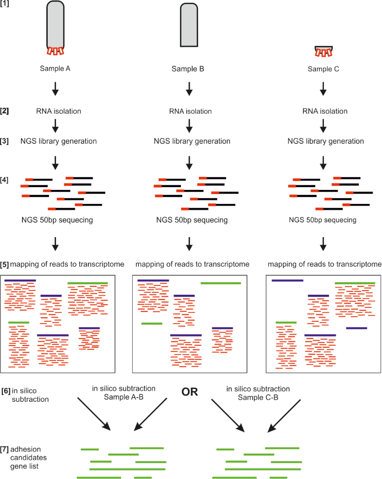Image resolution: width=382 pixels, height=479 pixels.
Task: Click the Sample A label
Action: (x=55, y=69)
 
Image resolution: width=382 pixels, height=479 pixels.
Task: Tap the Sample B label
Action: (x=188, y=69)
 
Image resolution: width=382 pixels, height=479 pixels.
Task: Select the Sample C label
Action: (x=323, y=69)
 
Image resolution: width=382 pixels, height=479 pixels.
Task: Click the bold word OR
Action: (x=189, y=392)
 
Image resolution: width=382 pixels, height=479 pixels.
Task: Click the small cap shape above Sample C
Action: (x=324, y=51)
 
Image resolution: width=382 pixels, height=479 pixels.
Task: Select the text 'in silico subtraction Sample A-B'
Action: (x=123, y=392)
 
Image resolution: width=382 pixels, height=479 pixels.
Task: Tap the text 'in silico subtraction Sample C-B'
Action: (x=258, y=392)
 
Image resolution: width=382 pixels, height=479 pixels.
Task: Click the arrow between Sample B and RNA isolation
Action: (x=188, y=89)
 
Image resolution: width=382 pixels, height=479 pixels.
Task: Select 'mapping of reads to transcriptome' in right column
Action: (x=325, y=265)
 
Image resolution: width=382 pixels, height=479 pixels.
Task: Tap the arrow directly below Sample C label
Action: (x=323, y=89)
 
